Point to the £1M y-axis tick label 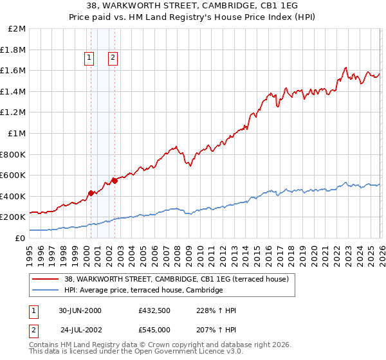click(17, 133)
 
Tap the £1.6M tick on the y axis click(14, 71)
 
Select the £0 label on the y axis click(21, 238)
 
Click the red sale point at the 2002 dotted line click(115, 181)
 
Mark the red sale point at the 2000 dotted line click(91, 192)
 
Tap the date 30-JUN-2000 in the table click(80, 310)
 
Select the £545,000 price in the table click(154, 330)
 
